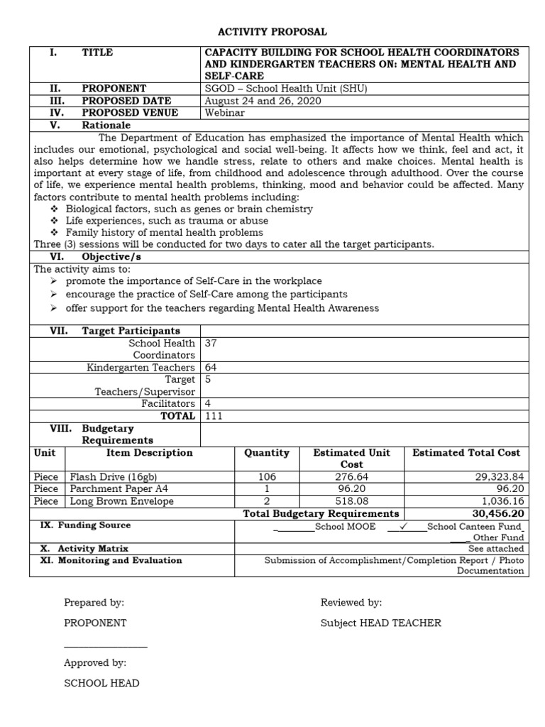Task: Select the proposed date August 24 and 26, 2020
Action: (x=263, y=101)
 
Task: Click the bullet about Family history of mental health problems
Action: (x=164, y=232)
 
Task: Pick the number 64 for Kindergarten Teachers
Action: (x=211, y=368)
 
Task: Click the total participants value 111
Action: (x=214, y=416)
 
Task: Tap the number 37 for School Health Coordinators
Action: (x=211, y=343)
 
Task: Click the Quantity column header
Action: (x=266, y=453)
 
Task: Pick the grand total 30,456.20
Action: (x=497, y=513)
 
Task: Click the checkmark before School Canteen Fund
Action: (x=402, y=526)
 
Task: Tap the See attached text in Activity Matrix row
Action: (x=496, y=549)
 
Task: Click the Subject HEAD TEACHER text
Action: (x=380, y=623)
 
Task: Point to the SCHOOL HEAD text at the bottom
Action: (x=101, y=683)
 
